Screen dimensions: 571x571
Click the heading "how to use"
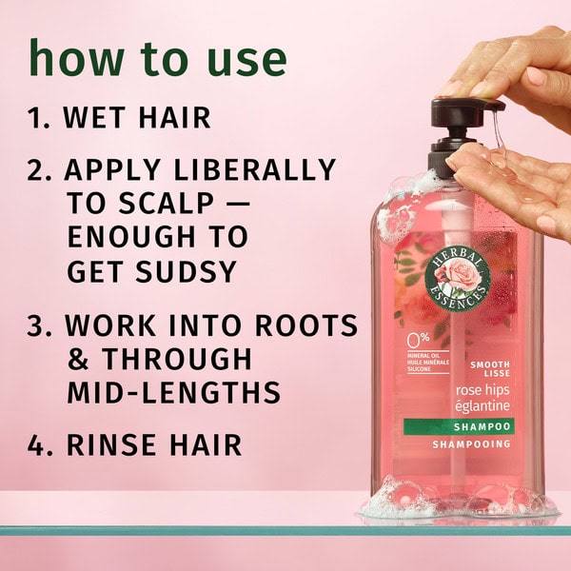(158, 58)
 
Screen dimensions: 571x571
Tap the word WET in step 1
(94, 118)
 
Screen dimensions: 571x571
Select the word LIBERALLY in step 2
(254, 169)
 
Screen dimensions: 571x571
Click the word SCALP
(167, 204)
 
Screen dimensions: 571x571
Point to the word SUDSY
(187, 271)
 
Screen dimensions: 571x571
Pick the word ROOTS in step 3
(305, 325)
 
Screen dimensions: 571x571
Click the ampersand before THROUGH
(78, 359)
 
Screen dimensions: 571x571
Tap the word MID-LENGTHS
(174, 392)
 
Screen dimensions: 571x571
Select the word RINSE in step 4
(110, 444)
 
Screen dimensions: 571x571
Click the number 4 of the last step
(36, 444)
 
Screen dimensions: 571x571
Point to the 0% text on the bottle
(419, 340)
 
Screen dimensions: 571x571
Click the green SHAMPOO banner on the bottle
(459, 426)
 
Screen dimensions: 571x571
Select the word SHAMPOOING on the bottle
(471, 443)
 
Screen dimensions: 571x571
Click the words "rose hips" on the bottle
(482, 390)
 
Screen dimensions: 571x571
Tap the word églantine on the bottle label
(482, 406)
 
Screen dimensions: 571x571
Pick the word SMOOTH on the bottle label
(490, 364)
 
